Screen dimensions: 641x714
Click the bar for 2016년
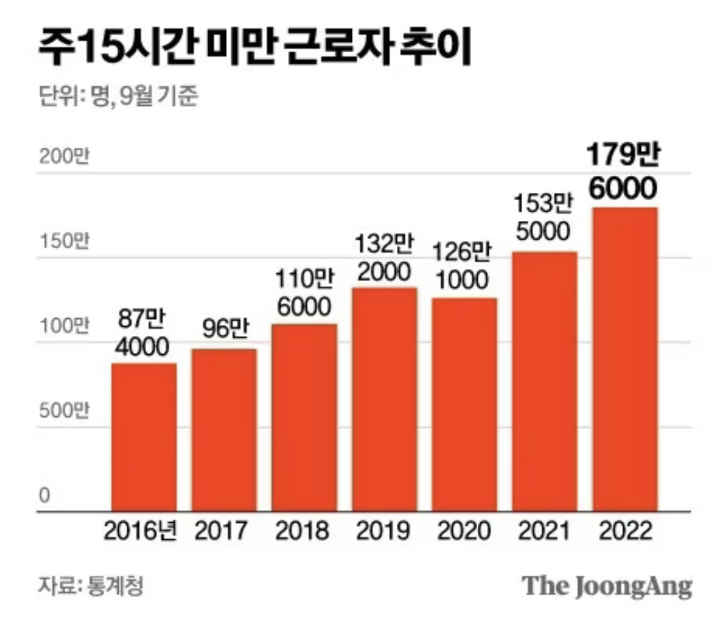tap(144, 438)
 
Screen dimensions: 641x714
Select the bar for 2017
tap(224, 431)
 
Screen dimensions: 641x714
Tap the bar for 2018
tap(304, 418)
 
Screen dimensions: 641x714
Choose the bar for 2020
tap(464, 405)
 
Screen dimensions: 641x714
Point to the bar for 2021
tap(544, 382)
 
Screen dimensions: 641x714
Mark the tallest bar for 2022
tap(625, 360)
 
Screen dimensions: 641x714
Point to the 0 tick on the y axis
tap(44, 496)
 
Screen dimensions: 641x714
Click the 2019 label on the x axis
tap(384, 531)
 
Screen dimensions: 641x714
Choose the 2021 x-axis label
tap(544, 531)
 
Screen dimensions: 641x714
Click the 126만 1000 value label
tap(464, 265)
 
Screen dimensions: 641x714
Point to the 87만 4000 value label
tap(143, 332)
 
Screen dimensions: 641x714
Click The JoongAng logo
tap(607, 585)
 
